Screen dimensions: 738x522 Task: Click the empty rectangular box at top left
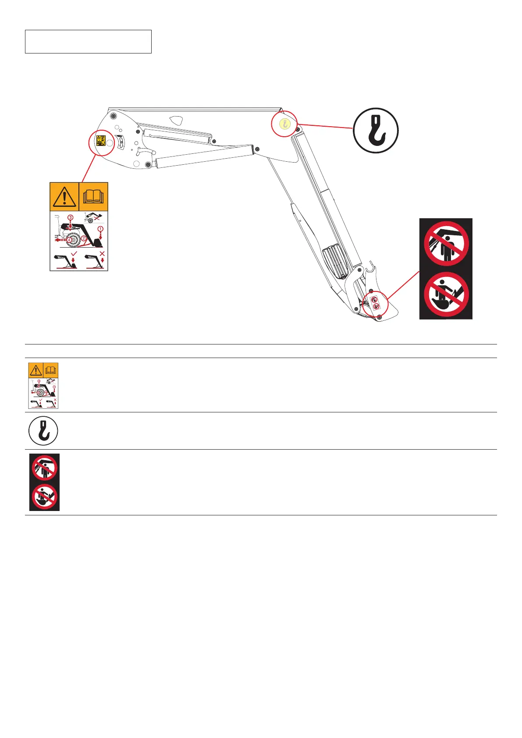pyautogui.click(x=88, y=42)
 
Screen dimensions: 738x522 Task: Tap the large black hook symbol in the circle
pyautogui.click(x=376, y=131)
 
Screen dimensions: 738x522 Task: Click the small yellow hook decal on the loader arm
pyautogui.click(x=284, y=123)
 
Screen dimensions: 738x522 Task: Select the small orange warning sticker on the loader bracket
pyautogui.click(x=101, y=141)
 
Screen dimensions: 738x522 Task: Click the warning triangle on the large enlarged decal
pyautogui.click(x=64, y=197)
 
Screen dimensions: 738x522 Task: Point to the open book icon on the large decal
pyautogui.click(x=93, y=197)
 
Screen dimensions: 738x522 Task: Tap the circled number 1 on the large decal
pyautogui.click(x=100, y=229)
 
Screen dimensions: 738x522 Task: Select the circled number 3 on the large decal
pyautogui.click(x=71, y=218)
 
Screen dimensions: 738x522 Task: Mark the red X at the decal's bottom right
pyautogui.click(x=102, y=254)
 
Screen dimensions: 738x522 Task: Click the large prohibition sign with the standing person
pyautogui.click(x=446, y=244)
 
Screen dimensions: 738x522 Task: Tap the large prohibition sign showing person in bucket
pyautogui.click(x=446, y=294)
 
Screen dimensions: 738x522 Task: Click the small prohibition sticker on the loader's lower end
pyautogui.click(x=375, y=303)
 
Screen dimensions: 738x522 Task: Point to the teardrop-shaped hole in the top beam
pyautogui.click(x=177, y=120)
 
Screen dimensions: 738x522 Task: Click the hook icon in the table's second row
pyautogui.click(x=43, y=431)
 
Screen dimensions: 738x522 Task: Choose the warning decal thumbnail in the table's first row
pyautogui.click(x=43, y=386)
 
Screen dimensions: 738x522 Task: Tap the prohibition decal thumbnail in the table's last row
pyautogui.click(x=44, y=482)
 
